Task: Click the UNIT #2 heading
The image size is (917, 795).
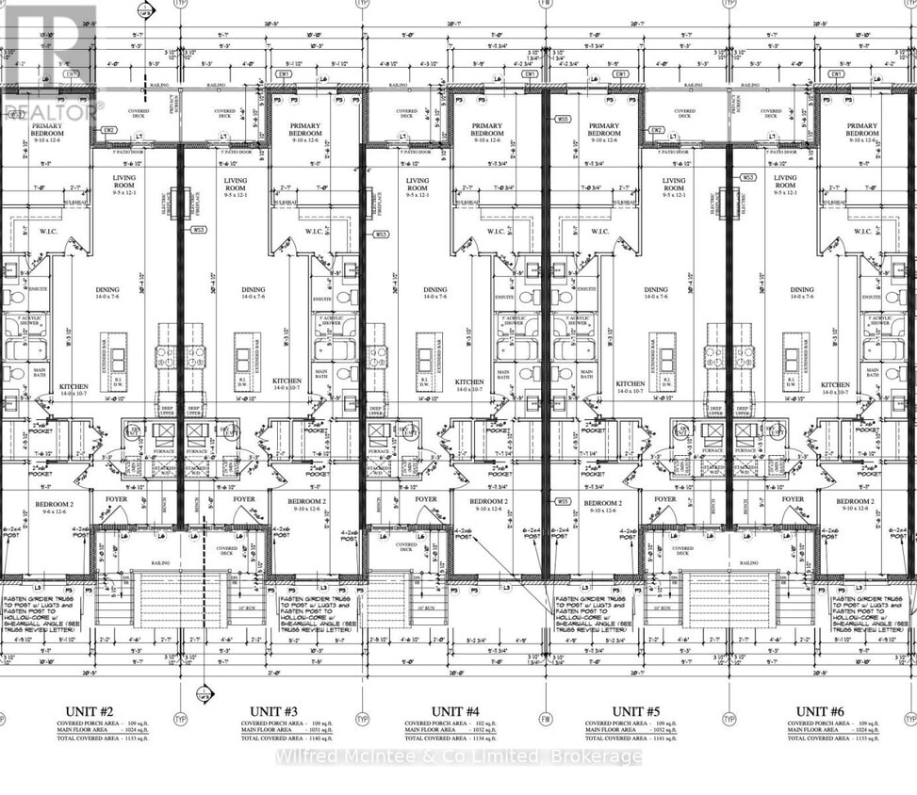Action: point(90,711)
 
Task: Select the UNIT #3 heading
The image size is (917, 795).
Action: point(273,711)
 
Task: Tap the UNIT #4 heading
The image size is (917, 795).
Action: point(455,711)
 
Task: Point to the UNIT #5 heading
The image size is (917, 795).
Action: point(636,711)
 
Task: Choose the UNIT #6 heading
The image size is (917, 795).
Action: point(819,711)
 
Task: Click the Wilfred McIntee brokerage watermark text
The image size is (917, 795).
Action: point(458,756)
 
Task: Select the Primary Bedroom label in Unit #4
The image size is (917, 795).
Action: point(486,130)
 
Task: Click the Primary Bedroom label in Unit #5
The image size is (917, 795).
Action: point(604,130)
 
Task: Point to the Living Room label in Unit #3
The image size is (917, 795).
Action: point(236,185)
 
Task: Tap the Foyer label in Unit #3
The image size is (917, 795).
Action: point(244,499)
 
